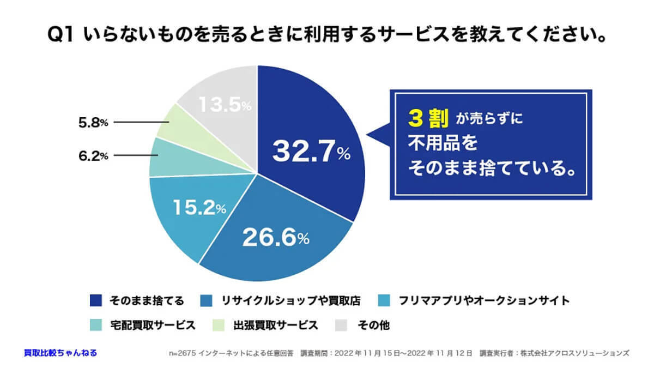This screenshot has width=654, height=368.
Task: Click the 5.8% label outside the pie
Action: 93,123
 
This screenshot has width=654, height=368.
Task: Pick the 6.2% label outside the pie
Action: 93,156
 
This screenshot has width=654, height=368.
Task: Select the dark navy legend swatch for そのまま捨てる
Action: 95,300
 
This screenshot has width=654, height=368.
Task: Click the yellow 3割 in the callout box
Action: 427,118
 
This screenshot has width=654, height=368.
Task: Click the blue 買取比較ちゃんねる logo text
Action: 60,353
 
